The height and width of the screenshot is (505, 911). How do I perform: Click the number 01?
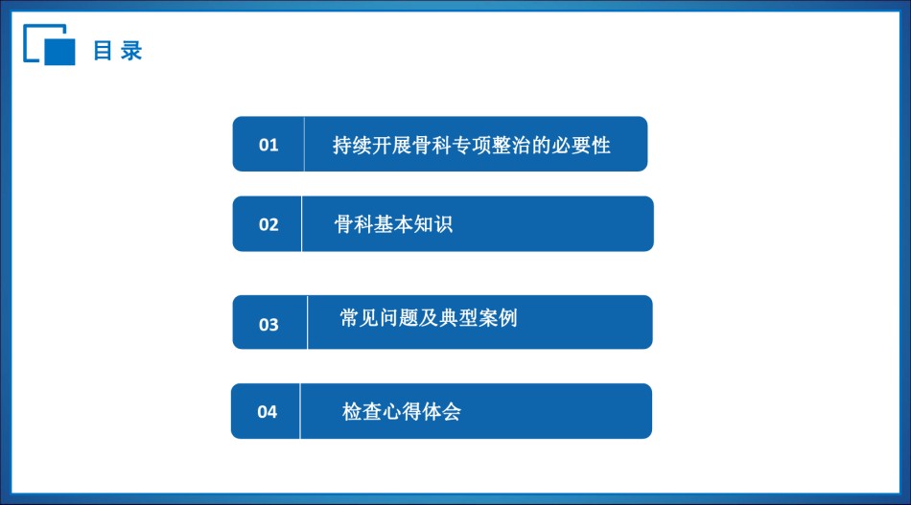[x=269, y=145]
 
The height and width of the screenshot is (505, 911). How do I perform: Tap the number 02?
[x=269, y=224]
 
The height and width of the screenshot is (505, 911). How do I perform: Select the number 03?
[x=269, y=325]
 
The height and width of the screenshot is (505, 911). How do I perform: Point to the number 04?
[x=268, y=412]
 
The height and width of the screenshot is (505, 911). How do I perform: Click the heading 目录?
[x=118, y=51]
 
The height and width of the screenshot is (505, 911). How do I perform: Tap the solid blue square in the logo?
[x=59, y=52]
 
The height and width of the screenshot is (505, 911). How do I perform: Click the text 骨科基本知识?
[x=393, y=224]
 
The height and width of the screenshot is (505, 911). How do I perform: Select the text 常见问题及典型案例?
[x=429, y=318]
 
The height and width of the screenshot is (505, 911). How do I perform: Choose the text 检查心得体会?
[x=402, y=411]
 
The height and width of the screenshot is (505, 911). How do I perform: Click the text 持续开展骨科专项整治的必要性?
[x=471, y=145]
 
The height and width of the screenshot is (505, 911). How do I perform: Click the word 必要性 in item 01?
[x=581, y=145]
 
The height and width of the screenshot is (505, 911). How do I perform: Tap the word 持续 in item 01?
[x=352, y=145]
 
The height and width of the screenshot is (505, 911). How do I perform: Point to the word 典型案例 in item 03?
[x=479, y=318]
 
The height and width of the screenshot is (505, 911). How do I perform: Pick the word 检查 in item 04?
[x=362, y=411]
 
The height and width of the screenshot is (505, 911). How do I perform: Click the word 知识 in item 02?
[x=432, y=224]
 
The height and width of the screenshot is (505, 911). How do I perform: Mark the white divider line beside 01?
[x=304, y=144]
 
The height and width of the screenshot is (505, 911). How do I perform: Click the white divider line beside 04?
[x=300, y=411]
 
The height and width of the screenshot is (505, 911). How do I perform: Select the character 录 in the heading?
[x=131, y=51]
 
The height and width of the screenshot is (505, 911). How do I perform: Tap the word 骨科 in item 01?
[x=432, y=145]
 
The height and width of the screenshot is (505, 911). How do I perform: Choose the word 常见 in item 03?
[x=359, y=318]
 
